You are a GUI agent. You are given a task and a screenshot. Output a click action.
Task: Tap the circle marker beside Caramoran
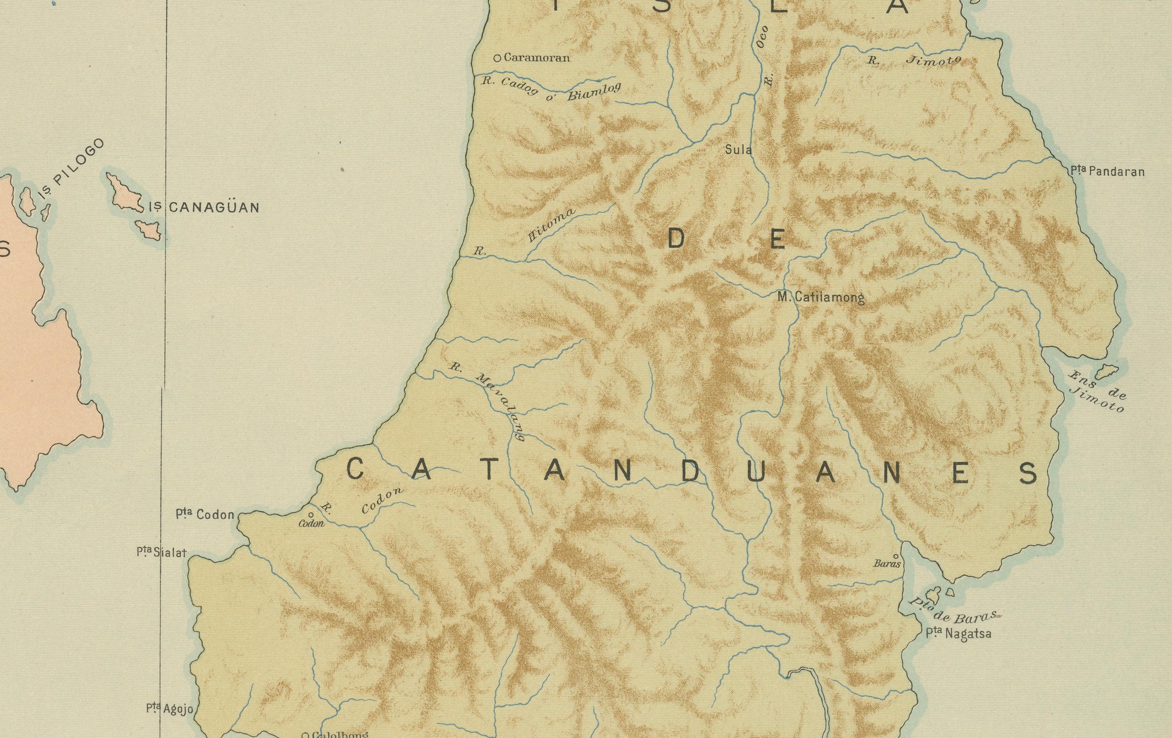pos(497,58)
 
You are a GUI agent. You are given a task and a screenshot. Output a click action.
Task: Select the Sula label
pos(738,150)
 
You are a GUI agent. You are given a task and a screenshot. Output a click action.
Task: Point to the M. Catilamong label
pos(821,297)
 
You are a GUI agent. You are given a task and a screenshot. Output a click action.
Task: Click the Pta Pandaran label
pos(1107,171)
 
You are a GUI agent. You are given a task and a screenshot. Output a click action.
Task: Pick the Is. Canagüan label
pos(204,208)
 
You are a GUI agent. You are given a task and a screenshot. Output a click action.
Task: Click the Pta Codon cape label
pos(205,515)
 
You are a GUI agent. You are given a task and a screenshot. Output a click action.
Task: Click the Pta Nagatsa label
pos(958,634)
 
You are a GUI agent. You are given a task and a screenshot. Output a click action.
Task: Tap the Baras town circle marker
pos(896,556)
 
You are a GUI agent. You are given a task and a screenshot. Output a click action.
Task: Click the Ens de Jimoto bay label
pos(1096,392)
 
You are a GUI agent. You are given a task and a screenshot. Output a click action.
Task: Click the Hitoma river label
pos(551,225)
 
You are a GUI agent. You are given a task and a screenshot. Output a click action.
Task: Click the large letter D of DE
pos(677,239)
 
